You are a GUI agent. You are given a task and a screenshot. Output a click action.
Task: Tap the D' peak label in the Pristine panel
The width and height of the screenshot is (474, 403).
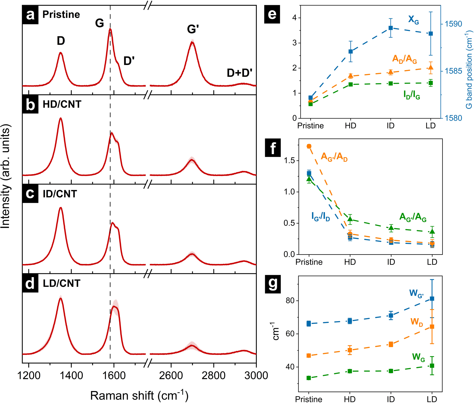pyautogui.click(x=129, y=61)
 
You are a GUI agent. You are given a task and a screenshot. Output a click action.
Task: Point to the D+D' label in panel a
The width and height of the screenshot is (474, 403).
pyautogui.click(x=240, y=73)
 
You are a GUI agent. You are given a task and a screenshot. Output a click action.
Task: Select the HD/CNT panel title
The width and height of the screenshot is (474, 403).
pyautogui.click(x=62, y=104)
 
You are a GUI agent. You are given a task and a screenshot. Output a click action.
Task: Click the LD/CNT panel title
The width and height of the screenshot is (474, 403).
pyautogui.click(x=61, y=283)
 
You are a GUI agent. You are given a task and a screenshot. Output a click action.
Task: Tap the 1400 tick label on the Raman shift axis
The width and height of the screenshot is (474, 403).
pyautogui.click(x=71, y=376)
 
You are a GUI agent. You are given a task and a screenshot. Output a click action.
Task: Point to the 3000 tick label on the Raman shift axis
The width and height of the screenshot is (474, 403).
pyautogui.click(x=256, y=376)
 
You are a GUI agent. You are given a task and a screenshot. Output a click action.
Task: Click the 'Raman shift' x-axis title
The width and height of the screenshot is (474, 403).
pyautogui.click(x=139, y=395)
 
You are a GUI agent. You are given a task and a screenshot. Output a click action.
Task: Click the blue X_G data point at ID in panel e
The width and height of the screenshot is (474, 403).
pyautogui.click(x=391, y=28)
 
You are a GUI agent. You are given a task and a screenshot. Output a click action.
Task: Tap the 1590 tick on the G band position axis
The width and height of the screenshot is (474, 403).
pyautogui.click(x=453, y=24)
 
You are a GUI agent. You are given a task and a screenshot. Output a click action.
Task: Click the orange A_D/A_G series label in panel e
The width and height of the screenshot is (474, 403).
pyautogui.click(x=404, y=59)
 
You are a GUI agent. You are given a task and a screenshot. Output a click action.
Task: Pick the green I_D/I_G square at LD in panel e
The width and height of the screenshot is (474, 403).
pyautogui.click(x=430, y=83)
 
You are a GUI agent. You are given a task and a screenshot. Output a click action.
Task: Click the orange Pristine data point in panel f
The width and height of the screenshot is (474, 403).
pyautogui.click(x=309, y=146)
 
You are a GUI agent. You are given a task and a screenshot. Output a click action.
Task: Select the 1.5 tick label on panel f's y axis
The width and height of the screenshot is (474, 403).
pyautogui.click(x=289, y=161)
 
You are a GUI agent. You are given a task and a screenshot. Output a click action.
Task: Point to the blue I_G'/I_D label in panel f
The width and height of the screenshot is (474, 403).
pyautogui.click(x=321, y=217)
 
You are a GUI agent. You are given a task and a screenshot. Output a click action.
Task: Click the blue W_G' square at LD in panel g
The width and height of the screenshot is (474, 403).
pyautogui.click(x=432, y=299)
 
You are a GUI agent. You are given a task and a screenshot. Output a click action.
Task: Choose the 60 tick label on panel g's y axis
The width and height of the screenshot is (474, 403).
pyautogui.click(x=290, y=334)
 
